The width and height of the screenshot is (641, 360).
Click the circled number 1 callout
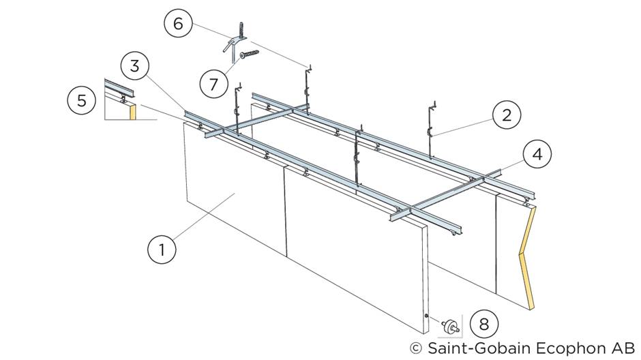[162, 249]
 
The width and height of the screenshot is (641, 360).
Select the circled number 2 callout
[507, 115]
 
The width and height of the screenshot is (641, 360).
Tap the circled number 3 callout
[134, 67]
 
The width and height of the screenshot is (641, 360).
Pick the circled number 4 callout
[537, 155]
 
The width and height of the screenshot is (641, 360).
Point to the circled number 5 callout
[81, 101]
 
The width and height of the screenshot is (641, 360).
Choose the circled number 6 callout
[178, 24]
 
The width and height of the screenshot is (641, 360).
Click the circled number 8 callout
[483, 323]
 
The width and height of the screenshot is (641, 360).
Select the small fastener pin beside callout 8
[450, 326]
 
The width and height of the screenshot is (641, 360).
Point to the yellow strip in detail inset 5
[134, 111]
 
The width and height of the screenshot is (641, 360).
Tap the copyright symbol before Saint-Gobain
[415, 348]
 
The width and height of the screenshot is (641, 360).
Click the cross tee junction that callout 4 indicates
[483, 179]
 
